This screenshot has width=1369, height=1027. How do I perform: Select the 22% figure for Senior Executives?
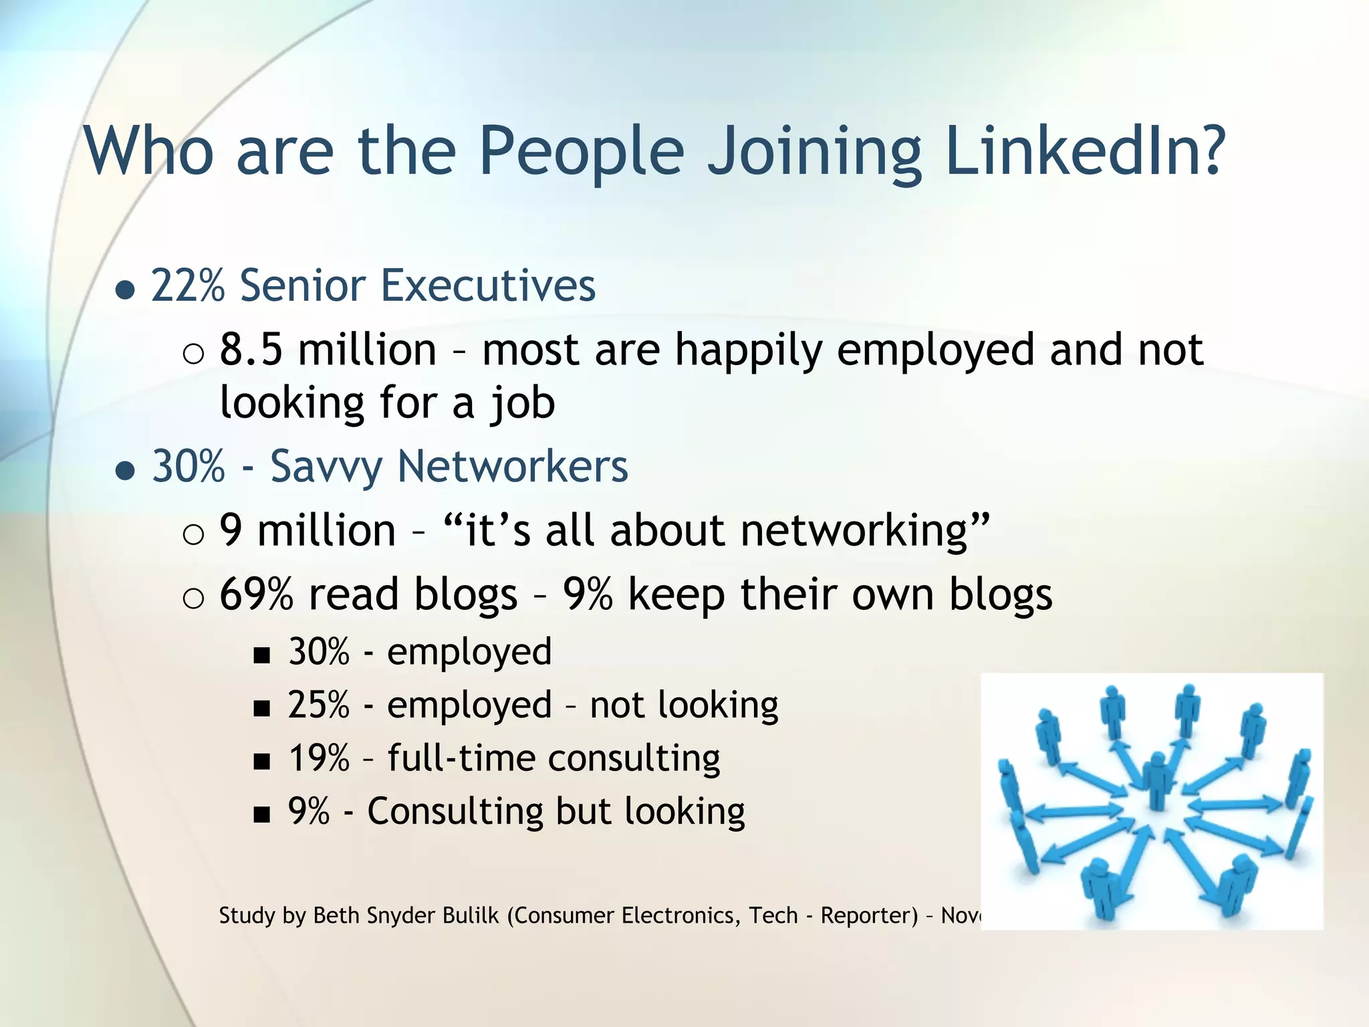(188, 286)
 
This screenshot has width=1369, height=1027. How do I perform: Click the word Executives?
(488, 286)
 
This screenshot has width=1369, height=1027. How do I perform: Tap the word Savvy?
(326, 467)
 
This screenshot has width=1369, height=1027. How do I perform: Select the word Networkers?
(513, 466)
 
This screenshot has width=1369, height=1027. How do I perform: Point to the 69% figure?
(256, 594)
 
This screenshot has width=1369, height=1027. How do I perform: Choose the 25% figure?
(319, 705)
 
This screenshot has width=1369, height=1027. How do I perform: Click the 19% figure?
(319, 758)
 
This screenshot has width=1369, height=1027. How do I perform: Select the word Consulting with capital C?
(455, 812)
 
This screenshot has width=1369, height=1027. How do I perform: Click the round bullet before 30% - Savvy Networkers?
(125, 471)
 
